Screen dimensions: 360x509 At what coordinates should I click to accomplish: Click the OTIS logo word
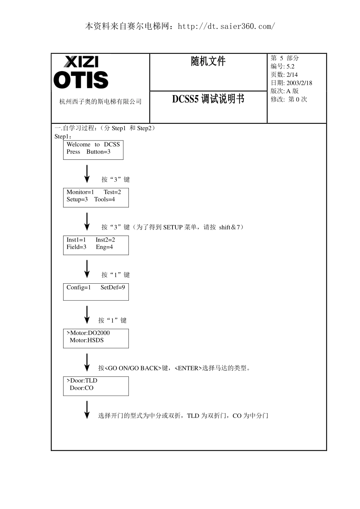coord(81,80)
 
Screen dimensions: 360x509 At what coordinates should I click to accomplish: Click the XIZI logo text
coord(81,62)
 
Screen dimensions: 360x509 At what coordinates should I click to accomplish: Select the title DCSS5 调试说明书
coord(208,99)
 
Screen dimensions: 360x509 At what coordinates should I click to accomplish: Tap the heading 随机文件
coord(208,61)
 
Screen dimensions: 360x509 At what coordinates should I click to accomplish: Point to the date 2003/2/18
coord(299,83)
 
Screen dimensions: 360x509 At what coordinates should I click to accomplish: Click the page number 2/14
coord(292,75)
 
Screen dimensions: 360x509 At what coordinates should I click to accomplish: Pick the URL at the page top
coord(226,27)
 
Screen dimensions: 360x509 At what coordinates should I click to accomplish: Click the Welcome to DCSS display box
coord(93,150)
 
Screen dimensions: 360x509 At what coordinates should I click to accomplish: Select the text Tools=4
coord(105,199)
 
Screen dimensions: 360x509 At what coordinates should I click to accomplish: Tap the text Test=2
coord(112,192)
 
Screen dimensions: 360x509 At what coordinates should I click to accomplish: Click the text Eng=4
coord(104,247)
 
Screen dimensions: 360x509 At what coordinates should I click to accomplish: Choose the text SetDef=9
coord(113,287)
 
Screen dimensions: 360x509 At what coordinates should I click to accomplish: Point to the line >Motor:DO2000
coord(88,333)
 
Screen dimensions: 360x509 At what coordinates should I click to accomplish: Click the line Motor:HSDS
coord(87,340)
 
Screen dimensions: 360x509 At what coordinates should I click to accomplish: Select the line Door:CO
coord(81,388)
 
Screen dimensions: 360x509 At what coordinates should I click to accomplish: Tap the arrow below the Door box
coord(87,410)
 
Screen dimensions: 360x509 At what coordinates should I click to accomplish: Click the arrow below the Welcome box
coord(87,174)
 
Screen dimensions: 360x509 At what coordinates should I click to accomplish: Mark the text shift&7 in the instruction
coord(230,227)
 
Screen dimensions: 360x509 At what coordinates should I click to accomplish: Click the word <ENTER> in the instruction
coord(188,368)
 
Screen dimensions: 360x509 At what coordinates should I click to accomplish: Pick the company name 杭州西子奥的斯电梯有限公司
coord(100,101)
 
